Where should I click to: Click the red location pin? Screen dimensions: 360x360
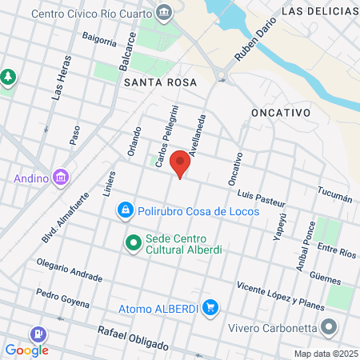coord(181,163)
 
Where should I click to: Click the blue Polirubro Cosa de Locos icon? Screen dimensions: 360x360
coord(125,210)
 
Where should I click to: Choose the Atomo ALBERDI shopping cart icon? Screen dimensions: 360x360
coord(210,307)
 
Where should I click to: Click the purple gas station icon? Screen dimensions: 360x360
coord(37,334)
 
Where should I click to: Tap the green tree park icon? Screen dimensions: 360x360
coord(8,78)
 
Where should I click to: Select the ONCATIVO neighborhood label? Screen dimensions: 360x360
coord(280,113)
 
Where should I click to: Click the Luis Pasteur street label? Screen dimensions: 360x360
coord(262,194)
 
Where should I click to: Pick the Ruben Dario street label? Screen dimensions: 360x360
coord(249,46)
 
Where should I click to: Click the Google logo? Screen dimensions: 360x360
coord(26,350)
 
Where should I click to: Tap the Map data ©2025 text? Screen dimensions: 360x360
coord(326,354)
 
